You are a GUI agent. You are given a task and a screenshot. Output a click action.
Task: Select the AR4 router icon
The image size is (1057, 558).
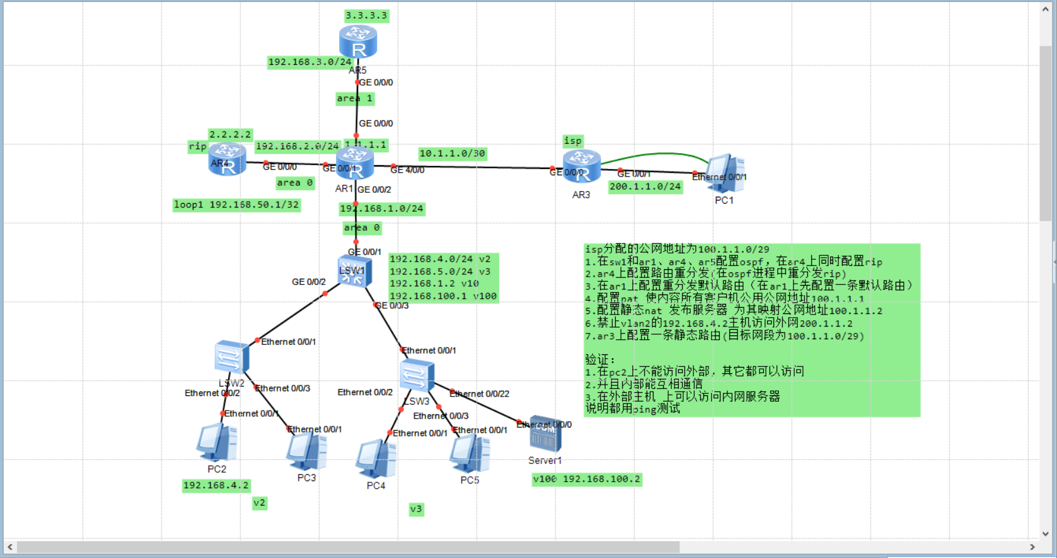coord(227,159)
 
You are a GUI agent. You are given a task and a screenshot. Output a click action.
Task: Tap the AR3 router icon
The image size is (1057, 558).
coord(581,166)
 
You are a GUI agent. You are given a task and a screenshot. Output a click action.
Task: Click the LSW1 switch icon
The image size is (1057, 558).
coord(354,272)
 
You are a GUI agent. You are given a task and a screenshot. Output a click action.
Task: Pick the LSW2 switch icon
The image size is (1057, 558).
coord(231,357)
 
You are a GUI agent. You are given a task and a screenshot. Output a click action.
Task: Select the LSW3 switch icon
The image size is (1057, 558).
coord(417,376)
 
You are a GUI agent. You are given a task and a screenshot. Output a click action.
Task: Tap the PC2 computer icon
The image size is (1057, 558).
coord(216,443)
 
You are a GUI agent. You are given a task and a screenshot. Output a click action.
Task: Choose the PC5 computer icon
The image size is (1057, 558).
coord(470,454)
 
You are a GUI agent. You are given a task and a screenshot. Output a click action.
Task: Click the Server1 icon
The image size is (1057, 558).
coord(545,434)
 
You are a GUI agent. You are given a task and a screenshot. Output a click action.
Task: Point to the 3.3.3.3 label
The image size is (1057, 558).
coord(366,16)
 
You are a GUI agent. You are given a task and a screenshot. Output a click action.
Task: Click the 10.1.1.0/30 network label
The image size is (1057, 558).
coord(452,153)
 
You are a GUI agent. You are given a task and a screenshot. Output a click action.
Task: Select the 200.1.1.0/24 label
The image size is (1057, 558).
coord(645,187)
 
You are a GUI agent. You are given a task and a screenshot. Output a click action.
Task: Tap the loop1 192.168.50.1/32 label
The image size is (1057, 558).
coord(236,205)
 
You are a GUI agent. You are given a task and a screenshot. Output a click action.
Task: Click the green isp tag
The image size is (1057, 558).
coord(572,141)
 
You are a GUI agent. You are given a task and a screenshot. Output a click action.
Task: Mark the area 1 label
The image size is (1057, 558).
coord(354,98)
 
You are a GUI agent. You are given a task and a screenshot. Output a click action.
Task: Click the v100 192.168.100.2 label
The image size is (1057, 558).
coord(586,479)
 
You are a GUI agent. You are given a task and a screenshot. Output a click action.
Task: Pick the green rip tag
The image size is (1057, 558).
coord(197,146)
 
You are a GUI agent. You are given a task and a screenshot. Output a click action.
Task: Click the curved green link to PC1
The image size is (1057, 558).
coord(656,153)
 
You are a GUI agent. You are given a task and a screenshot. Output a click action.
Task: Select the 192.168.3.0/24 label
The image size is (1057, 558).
coord(309,62)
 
